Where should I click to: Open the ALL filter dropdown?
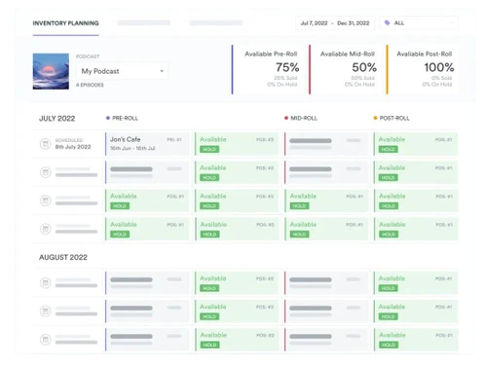click(x=419, y=21)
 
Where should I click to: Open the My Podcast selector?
click(x=122, y=71)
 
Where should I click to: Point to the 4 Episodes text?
click(x=91, y=86)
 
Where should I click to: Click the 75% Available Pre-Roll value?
click(x=285, y=67)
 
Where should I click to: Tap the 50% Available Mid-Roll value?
click(x=364, y=67)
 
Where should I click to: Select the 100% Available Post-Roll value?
click(x=438, y=67)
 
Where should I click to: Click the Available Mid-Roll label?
click(x=348, y=54)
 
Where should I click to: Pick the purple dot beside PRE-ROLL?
click(x=107, y=118)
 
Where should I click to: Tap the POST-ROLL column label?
click(x=395, y=118)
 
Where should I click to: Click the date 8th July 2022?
click(x=73, y=147)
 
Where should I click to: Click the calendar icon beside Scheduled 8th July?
click(x=45, y=144)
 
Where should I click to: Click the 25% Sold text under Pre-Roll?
click(x=286, y=78)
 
